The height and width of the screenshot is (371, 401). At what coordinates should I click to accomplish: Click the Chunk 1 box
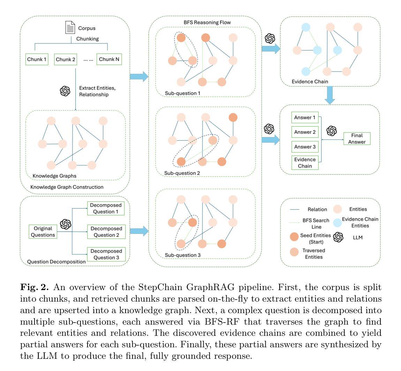click(37, 59)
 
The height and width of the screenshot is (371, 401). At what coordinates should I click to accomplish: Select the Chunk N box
click(109, 59)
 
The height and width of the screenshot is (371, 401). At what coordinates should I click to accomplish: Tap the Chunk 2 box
click(66, 59)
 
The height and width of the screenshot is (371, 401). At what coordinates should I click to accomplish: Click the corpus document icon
click(70, 28)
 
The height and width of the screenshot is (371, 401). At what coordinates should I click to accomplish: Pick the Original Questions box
click(43, 232)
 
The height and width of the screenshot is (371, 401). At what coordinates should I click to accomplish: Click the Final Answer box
click(357, 138)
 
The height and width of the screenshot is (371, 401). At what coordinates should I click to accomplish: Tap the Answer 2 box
click(305, 132)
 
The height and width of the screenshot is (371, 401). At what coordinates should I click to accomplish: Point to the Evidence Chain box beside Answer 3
click(305, 162)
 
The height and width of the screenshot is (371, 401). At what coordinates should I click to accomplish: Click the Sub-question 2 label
click(182, 173)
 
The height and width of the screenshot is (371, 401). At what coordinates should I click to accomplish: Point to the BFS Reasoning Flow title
click(207, 23)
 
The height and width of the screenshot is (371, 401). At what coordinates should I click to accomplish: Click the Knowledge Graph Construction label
click(67, 187)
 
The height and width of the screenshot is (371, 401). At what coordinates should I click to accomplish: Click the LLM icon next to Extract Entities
click(65, 91)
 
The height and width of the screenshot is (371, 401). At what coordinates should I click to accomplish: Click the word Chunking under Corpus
click(88, 39)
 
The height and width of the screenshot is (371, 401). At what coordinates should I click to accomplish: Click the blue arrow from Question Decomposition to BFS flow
click(139, 231)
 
